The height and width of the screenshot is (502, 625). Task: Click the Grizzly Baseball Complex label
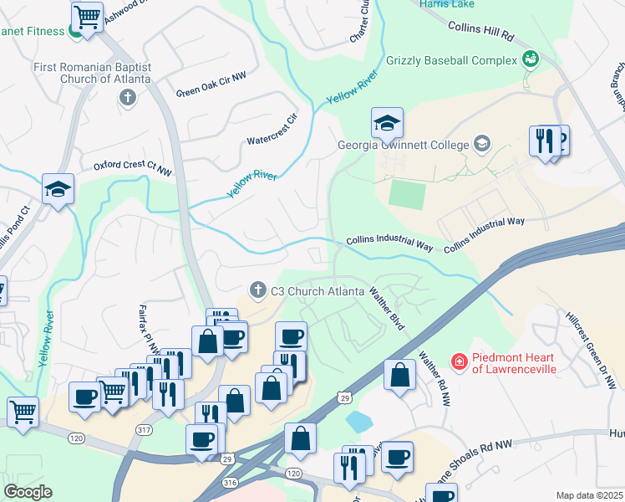(451, 61)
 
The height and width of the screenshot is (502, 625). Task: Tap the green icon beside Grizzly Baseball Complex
(529, 58)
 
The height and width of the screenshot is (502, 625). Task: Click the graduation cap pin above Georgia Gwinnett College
(387, 124)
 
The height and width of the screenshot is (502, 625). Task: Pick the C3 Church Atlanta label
(317, 291)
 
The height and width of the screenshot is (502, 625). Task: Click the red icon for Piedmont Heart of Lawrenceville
(458, 361)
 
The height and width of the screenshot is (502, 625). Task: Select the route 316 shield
(231, 482)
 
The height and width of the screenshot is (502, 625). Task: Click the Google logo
(27, 491)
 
